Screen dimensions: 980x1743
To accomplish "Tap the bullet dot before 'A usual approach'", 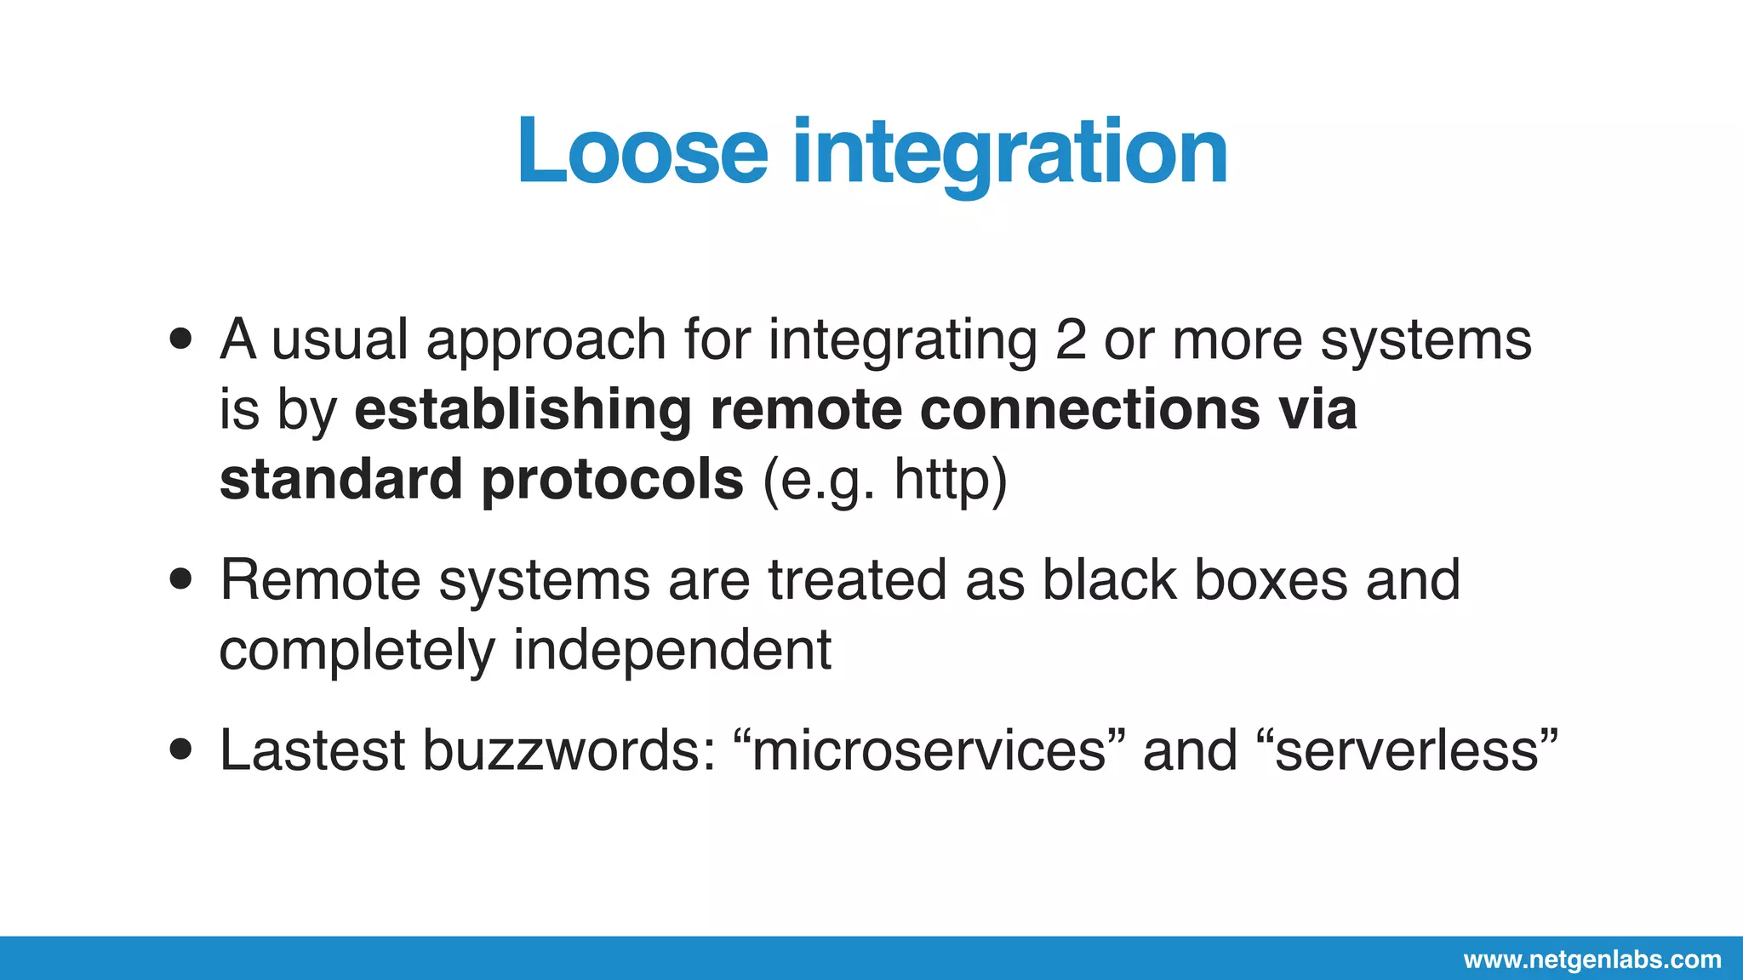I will (180, 339).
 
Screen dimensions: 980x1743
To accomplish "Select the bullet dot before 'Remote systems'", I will (180, 579).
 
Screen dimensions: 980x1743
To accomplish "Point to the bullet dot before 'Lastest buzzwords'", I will (180, 750).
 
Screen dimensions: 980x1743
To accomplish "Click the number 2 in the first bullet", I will (1070, 339).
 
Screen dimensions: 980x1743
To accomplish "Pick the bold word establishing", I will (523, 409).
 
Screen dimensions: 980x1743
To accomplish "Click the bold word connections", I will (1089, 409).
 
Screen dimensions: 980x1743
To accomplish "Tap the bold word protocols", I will (613, 479).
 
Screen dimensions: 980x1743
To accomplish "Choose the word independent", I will (671, 649).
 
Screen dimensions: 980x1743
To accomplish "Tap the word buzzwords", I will (569, 750).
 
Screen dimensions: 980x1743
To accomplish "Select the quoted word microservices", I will (929, 750).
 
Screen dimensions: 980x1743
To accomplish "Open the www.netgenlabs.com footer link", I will (1592, 960).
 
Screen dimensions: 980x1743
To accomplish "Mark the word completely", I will (357, 651).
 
